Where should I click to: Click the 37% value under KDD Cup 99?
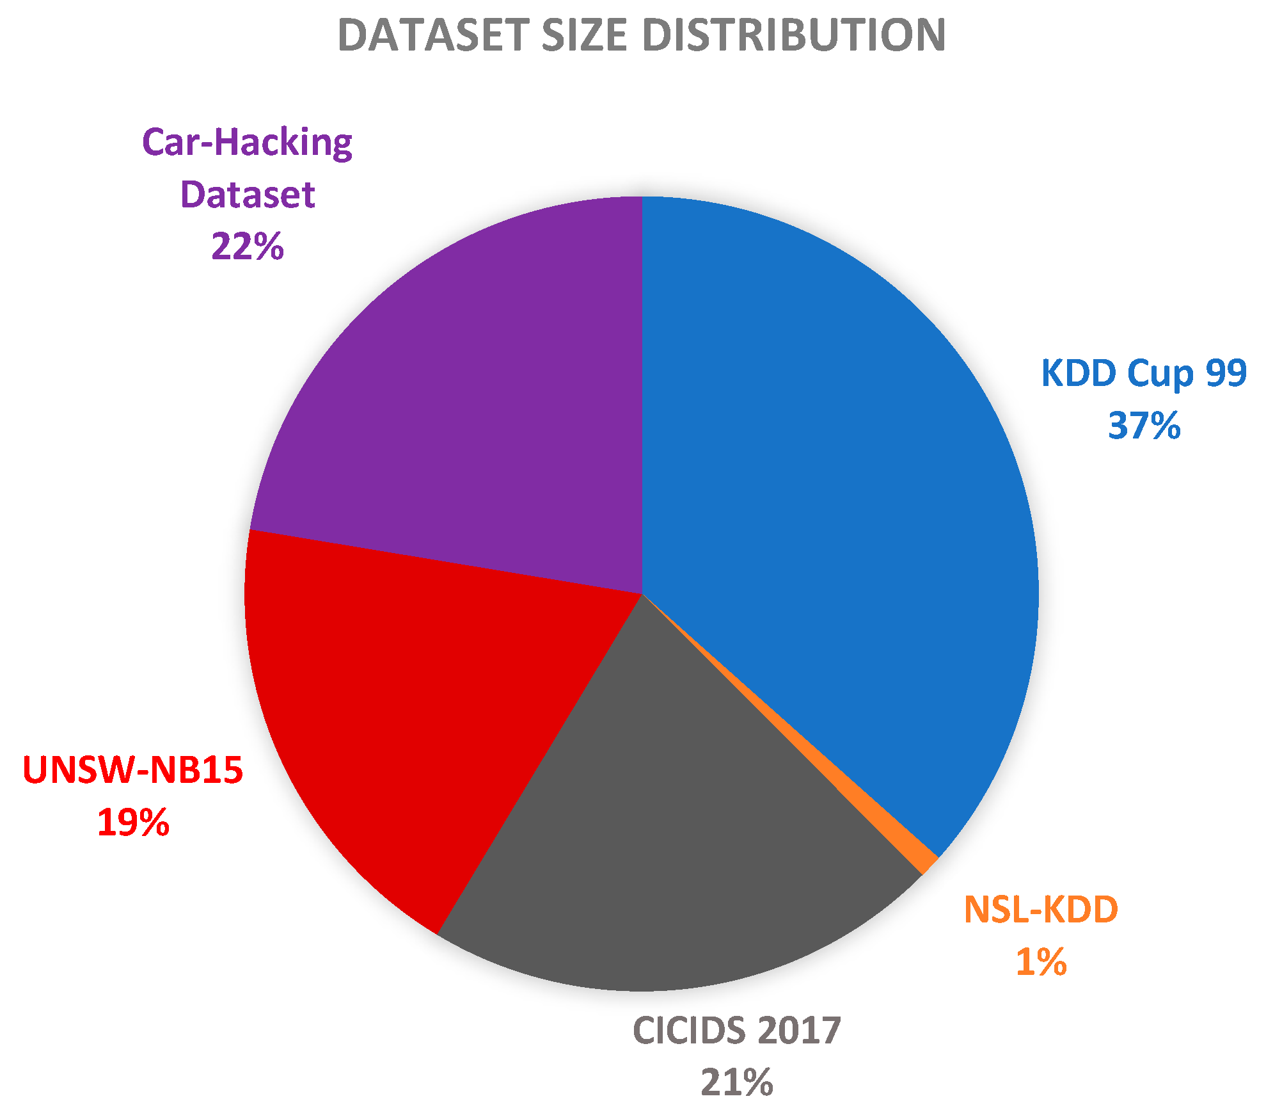[1144, 426]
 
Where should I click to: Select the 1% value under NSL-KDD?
[1041, 962]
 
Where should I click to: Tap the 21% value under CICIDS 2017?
[736, 1082]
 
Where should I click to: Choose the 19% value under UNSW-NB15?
[133, 823]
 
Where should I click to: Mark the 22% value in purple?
[248, 246]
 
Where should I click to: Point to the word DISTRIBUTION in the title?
[793, 35]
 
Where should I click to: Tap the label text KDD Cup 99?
[1144, 373]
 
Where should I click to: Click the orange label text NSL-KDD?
[1041, 910]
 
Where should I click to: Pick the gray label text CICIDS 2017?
[736, 1031]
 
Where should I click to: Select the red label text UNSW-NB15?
[133, 770]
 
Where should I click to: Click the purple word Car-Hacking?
[248, 143]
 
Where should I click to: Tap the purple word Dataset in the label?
[248, 195]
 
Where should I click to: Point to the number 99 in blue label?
[1226, 373]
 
